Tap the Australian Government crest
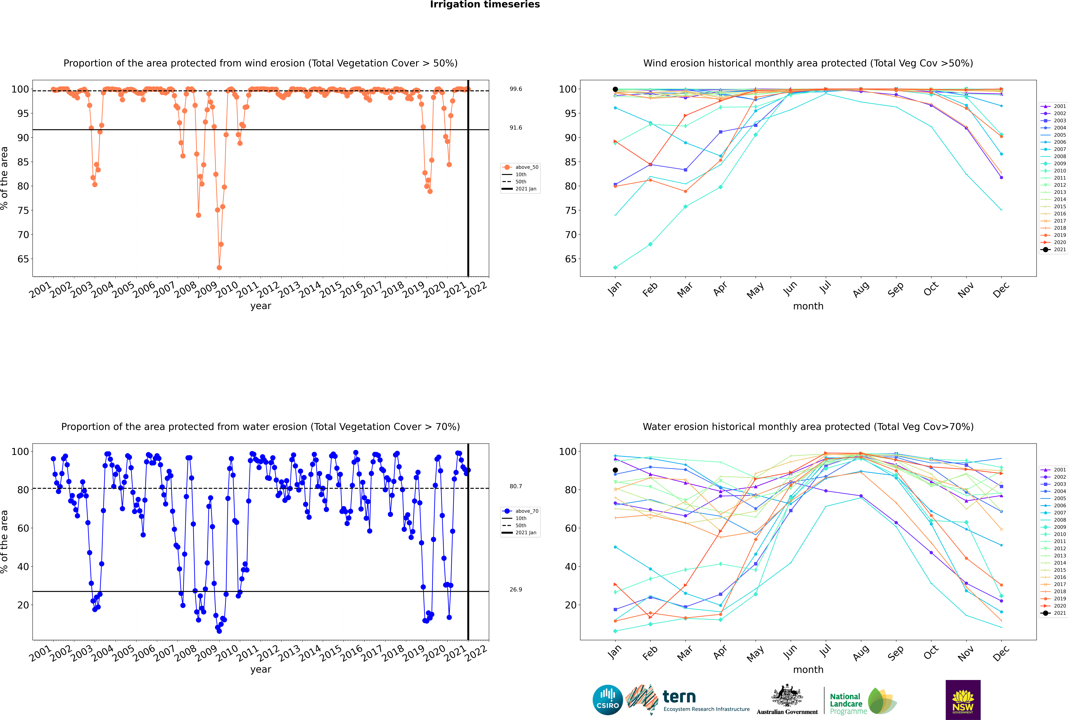click(x=787, y=696)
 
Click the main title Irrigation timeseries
click(x=485, y=5)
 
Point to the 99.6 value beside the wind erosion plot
click(x=516, y=89)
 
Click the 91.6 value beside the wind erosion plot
click(x=516, y=128)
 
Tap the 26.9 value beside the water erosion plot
click(x=516, y=589)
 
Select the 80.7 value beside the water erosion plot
click(x=516, y=486)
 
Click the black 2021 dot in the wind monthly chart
click(x=615, y=90)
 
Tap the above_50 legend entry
click(x=520, y=167)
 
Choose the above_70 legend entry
click(x=520, y=511)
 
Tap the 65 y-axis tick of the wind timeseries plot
click(x=23, y=259)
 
